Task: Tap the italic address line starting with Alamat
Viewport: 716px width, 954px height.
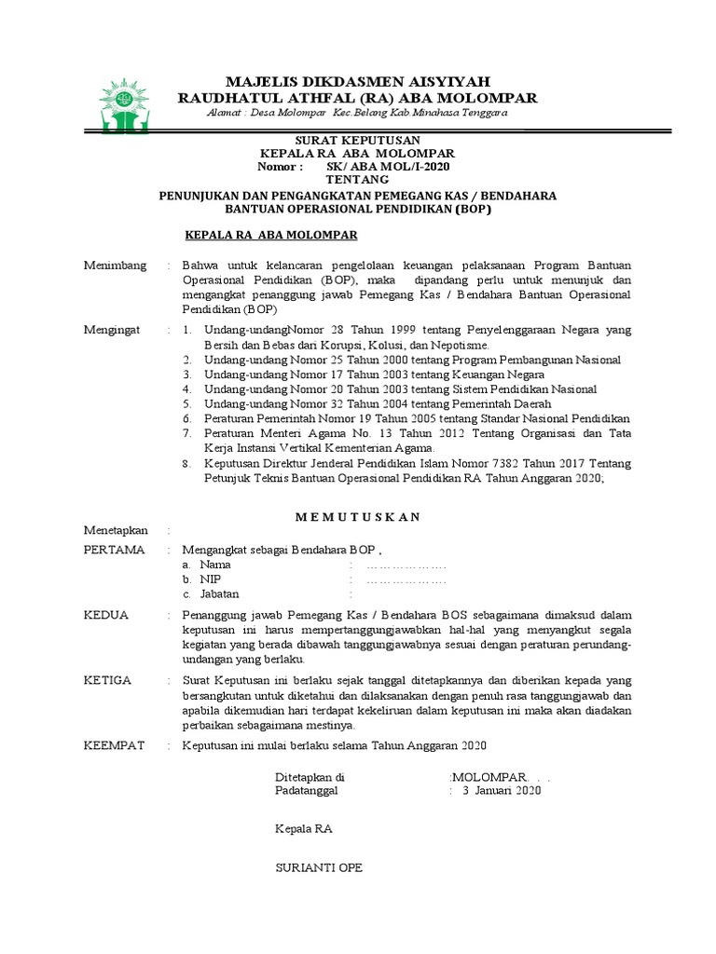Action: [357, 113]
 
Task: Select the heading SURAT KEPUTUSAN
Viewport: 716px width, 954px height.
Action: [358, 139]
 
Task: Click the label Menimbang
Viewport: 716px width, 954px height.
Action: [116, 266]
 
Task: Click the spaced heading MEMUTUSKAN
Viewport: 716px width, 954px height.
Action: [357, 517]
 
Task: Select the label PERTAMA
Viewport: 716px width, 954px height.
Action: [115, 550]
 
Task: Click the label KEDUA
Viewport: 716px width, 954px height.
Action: [106, 616]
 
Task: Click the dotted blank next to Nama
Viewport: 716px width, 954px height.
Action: [407, 566]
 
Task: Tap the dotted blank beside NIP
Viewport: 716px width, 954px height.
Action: [407, 579]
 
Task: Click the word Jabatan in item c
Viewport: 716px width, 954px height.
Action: [220, 593]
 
